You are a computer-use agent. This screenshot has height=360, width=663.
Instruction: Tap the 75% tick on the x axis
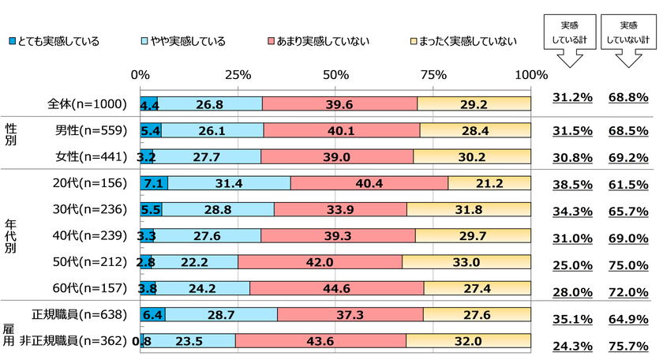[433, 75]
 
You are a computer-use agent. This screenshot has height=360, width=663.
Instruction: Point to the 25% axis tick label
[238, 75]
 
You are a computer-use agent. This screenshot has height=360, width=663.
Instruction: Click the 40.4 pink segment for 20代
[369, 183]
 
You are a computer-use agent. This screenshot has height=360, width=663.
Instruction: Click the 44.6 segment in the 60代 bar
[337, 287]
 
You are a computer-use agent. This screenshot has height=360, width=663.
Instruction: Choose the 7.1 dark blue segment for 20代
[153, 183]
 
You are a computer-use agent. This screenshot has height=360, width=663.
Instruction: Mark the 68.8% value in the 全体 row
[628, 99]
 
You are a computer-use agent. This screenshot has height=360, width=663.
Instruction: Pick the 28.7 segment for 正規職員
[221, 314]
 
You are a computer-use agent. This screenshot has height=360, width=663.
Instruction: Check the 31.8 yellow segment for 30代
[469, 209]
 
